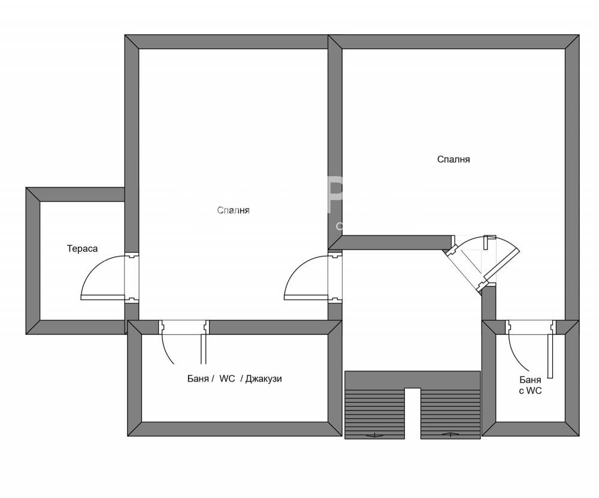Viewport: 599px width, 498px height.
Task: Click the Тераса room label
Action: coord(82,248)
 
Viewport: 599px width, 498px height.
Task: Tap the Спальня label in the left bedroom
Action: coord(233,210)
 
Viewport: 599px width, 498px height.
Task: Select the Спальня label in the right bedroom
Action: coord(453,159)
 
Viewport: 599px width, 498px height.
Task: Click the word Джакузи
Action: coord(264,379)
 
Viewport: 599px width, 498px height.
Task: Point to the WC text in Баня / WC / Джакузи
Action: coord(228,379)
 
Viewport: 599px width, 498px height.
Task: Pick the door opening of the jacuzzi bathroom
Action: coord(183,327)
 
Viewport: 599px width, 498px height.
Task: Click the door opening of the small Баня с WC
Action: coord(530,327)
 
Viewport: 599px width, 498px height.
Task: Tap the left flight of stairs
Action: coord(374,414)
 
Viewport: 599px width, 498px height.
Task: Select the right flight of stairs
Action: coord(450,414)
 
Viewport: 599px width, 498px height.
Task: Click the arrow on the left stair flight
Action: coord(375,434)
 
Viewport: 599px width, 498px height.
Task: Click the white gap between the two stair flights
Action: coord(413,414)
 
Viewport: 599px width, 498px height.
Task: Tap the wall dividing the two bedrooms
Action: coord(335,138)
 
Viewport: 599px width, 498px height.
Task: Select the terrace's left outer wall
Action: coord(33,261)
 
